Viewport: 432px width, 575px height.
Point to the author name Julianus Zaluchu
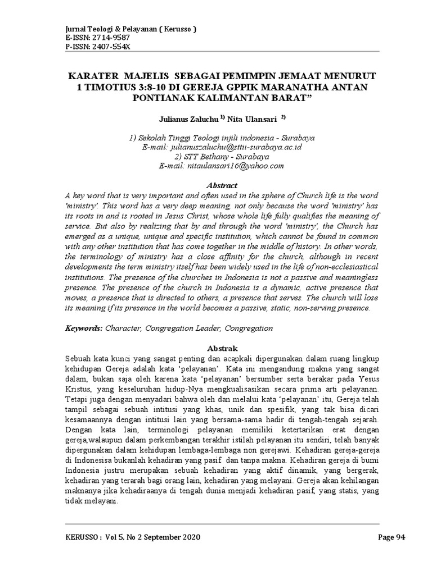click(183, 118)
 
